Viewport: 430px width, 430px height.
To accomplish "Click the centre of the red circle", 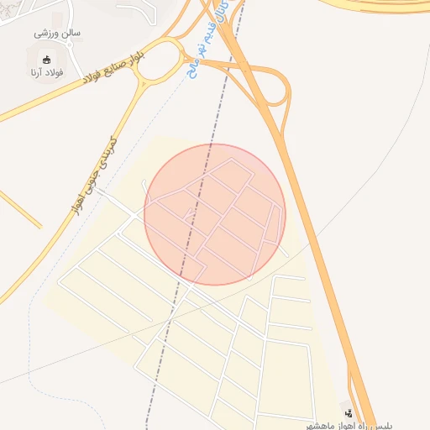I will (x=215, y=214).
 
